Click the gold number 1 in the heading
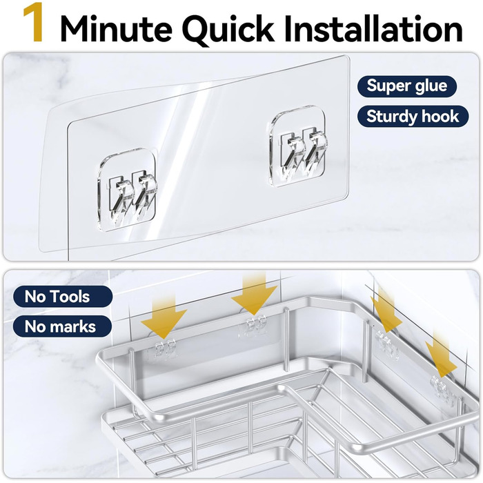(x=33, y=23)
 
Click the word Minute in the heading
(x=116, y=29)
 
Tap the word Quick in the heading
(x=229, y=29)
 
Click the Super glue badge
(x=406, y=86)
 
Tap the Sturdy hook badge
(x=413, y=117)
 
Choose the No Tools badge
(x=63, y=297)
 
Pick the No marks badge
(x=62, y=326)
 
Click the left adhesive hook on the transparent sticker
(x=128, y=190)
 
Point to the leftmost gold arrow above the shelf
(x=164, y=316)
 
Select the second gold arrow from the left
(x=254, y=293)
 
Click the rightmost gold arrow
(x=441, y=354)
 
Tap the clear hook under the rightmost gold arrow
(x=444, y=388)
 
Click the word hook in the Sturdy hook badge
(x=440, y=117)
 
